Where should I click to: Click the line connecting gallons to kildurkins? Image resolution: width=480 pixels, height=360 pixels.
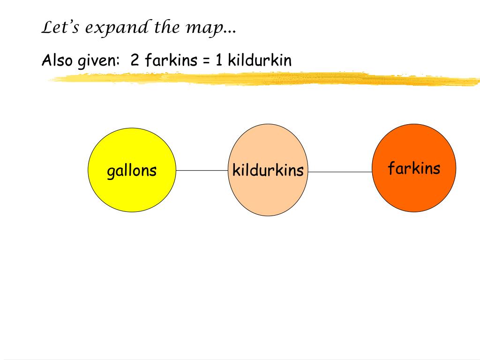[202, 170]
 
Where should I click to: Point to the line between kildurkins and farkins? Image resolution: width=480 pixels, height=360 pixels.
[340, 172]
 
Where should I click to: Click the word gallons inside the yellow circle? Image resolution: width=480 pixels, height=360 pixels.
[132, 171]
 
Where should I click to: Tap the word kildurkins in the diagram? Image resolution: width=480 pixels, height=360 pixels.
[268, 170]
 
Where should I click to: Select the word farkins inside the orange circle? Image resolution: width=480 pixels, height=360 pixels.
[414, 168]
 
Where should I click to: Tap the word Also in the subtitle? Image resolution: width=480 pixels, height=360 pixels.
[55, 60]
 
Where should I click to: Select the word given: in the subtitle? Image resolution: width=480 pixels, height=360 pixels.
[97, 61]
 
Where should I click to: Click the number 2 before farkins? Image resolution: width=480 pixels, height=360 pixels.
[135, 60]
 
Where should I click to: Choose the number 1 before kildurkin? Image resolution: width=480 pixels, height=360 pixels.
[219, 60]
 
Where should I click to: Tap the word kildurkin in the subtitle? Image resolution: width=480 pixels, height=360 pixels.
[260, 60]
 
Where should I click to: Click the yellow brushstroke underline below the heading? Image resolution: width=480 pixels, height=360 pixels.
[262, 79]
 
